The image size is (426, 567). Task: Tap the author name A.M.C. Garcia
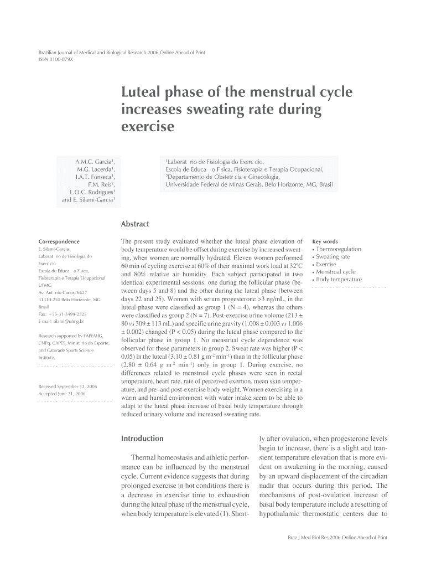click(x=95, y=162)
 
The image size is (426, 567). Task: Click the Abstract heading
click(x=135, y=224)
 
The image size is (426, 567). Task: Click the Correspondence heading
click(x=59, y=242)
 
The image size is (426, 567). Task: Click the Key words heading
click(x=325, y=242)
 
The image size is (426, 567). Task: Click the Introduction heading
click(x=142, y=439)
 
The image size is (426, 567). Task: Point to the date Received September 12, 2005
click(x=68, y=385)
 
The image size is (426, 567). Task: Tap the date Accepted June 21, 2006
click(x=61, y=393)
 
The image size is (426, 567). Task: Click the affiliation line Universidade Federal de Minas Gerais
click(x=250, y=184)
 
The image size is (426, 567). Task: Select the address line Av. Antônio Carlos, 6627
click(x=63, y=292)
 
